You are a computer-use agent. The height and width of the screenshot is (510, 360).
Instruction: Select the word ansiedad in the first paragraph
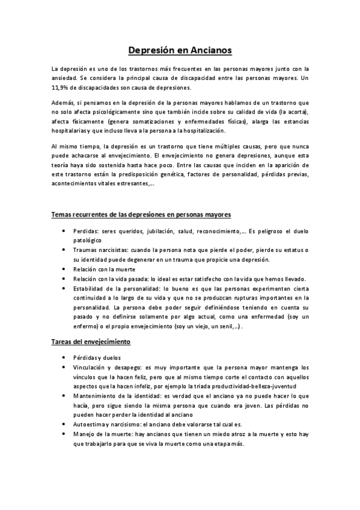pyautogui.click(x=64, y=78)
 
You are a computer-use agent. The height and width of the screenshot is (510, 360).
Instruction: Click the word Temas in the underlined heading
pyautogui.click(x=63, y=214)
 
